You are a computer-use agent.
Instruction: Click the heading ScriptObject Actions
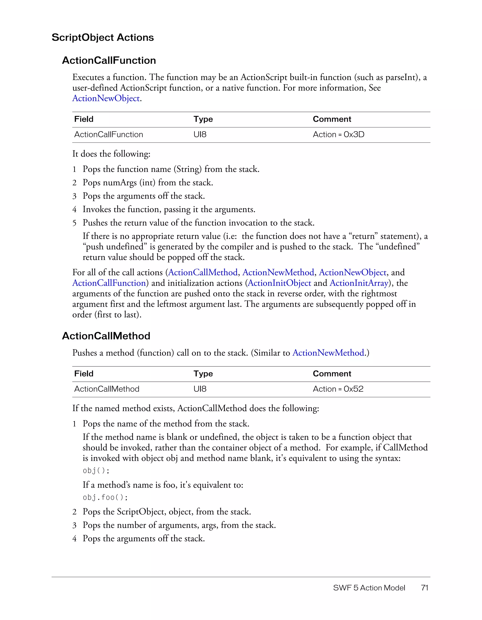pos(102,37)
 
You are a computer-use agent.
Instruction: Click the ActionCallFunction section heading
pos(109,61)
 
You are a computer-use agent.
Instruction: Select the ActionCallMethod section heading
pos(106,336)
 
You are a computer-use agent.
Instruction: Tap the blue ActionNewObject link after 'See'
pos(106,98)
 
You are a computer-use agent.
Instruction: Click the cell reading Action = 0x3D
pos(338,134)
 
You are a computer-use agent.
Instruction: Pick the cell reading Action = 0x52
pos(338,389)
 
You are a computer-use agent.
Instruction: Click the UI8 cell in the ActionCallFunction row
pos(200,134)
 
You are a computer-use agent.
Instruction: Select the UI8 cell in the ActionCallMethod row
pos(200,389)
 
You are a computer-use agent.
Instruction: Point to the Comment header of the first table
pos(332,119)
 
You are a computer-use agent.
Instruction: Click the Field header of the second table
pos(84,374)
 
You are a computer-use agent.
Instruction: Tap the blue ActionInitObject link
pos(279,283)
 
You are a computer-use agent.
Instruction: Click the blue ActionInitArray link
pos(359,283)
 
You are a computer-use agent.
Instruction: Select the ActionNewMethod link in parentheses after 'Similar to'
pos(328,353)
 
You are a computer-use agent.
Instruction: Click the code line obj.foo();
pos(105,497)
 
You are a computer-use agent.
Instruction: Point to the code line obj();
pos(96,471)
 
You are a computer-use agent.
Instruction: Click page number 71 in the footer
pos(424,588)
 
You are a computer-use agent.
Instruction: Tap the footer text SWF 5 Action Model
pos(369,588)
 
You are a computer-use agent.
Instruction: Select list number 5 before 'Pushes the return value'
pos(74,223)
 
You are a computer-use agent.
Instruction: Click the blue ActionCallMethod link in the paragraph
pos(203,272)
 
